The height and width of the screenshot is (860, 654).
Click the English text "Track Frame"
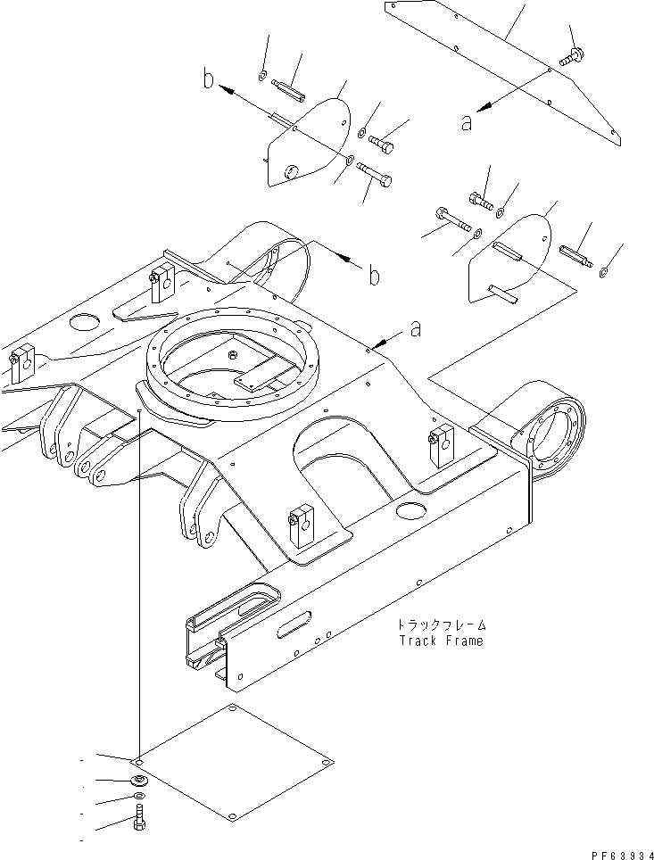click(440, 641)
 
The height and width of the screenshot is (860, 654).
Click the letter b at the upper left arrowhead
click(208, 82)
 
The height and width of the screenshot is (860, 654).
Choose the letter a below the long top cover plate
click(467, 123)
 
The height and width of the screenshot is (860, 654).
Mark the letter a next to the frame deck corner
click(414, 329)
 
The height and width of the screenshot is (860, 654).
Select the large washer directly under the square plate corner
click(137, 781)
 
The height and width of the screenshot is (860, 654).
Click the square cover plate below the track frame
click(234, 763)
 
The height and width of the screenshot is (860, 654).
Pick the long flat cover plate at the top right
click(500, 67)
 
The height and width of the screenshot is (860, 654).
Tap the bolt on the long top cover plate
click(568, 58)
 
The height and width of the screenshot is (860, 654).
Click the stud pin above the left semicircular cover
click(287, 91)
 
